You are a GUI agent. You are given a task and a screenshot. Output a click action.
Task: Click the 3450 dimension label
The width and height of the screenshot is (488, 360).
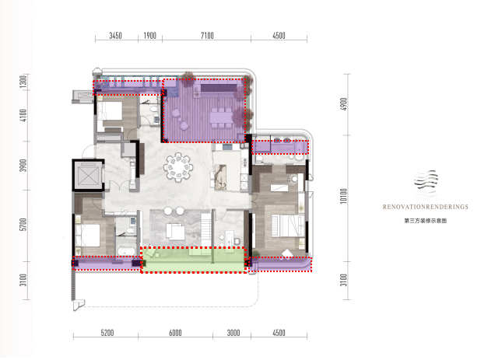tap(115, 36)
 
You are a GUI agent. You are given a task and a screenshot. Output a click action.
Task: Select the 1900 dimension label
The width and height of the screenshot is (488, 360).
tap(149, 36)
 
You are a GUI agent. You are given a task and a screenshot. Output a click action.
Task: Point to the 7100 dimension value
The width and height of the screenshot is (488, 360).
tap(207, 36)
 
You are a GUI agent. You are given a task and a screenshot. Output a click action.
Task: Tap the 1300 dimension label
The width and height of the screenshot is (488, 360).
tap(23, 82)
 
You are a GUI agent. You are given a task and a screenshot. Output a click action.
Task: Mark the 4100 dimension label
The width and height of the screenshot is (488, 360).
tap(23, 116)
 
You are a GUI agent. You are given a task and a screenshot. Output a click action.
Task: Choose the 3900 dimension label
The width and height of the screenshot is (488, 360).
tap(23, 166)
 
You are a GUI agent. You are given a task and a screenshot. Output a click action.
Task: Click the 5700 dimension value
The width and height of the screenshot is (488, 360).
tap(23, 225)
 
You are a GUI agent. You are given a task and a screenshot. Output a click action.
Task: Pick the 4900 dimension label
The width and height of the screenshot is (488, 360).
tap(343, 104)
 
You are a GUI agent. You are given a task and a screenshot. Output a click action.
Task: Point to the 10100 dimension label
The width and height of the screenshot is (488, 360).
tap(343, 196)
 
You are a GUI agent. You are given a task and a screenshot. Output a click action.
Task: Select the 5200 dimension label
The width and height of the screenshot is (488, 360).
tap(107, 333)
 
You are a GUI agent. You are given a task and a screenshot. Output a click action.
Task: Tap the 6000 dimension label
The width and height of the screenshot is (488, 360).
tap(175, 333)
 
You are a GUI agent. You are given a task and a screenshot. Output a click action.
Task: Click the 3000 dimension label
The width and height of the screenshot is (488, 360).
tap(233, 333)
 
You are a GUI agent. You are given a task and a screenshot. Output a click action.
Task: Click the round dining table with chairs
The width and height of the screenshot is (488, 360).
tap(178, 167)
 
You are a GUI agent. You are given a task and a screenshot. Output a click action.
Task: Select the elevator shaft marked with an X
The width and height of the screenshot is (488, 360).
tap(88, 176)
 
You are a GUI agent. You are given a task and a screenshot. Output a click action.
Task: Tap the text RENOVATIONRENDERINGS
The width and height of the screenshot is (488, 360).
tap(426, 207)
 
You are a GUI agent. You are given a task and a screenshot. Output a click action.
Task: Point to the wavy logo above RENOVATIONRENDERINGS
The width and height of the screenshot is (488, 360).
tap(426, 180)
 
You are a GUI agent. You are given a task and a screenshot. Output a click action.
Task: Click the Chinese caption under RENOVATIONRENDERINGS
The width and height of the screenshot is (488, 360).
tap(426, 221)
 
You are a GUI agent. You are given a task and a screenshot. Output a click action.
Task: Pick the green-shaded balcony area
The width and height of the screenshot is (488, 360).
tap(194, 260)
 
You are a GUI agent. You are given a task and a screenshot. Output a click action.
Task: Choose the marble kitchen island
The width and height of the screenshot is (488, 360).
tap(220, 177)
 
